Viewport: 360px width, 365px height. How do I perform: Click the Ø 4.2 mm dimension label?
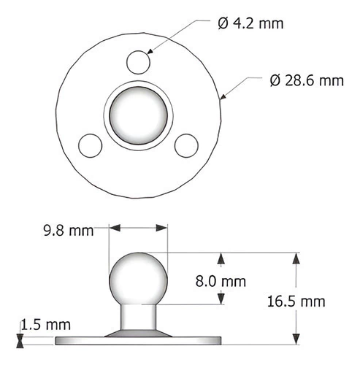250,23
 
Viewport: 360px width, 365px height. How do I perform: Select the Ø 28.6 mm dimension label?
307,80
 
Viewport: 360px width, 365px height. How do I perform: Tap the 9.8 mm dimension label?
69,231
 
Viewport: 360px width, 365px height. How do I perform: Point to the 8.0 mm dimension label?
221,282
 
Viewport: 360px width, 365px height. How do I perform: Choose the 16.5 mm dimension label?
296,301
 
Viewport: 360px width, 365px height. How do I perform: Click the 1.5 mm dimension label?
45,325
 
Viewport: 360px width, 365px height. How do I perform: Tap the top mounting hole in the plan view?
138,62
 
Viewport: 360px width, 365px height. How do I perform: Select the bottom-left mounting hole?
90,145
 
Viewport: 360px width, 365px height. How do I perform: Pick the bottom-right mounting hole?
186,145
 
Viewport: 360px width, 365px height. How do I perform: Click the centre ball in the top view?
138,115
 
